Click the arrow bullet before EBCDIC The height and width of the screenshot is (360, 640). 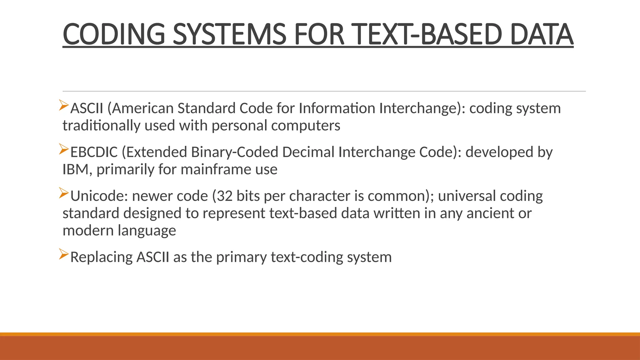(x=64, y=149)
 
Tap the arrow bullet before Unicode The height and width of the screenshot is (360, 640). (x=64, y=193)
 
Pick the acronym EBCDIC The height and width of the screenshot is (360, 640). (x=94, y=152)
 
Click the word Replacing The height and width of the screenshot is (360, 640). (x=102, y=257)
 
